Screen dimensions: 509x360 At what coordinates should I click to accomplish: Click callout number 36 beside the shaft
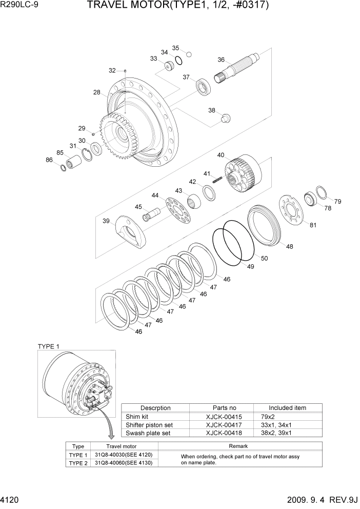[221, 60]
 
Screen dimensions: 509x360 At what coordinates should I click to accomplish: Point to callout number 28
[97, 92]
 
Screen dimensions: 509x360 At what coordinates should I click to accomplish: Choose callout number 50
[264, 259]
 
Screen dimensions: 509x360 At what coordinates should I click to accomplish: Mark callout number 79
[337, 201]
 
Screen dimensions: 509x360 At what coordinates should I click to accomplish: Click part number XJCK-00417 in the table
[222, 425]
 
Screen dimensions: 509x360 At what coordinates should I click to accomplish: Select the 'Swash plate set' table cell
[149, 433]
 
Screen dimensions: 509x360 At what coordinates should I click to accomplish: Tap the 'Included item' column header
[287, 408]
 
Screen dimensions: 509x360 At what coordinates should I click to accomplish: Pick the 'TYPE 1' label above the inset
[49, 346]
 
